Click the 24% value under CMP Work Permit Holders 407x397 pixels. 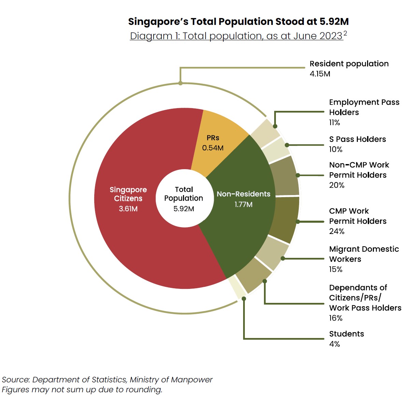337,231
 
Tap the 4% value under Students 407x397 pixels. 334,344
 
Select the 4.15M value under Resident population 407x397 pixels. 320,74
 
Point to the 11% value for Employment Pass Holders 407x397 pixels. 334,122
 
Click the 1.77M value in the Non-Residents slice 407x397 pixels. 243,205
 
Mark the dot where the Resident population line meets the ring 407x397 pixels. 180,83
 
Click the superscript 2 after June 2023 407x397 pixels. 345,33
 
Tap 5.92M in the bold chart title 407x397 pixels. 334,21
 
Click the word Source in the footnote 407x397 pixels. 16,380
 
